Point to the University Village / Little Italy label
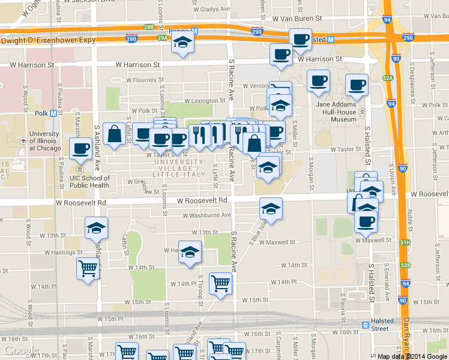pyautogui.click(x=178, y=167)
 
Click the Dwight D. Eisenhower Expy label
pyautogui.click(x=49, y=40)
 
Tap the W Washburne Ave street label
pyautogui.click(x=205, y=215)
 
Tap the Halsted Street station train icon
pyautogui.click(x=366, y=325)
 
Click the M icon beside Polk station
pyautogui.click(x=55, y=113)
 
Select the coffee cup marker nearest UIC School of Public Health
pyautogui.click(x=80, y=148)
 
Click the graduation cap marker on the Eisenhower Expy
pyautogui.click(x=182, y=43)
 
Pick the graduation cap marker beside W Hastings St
pyautogui.click(x=190, y=252)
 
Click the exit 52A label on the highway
pyautogui.click(x=388, y=78)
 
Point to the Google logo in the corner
pyautogui.click(x=20, y=350)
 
